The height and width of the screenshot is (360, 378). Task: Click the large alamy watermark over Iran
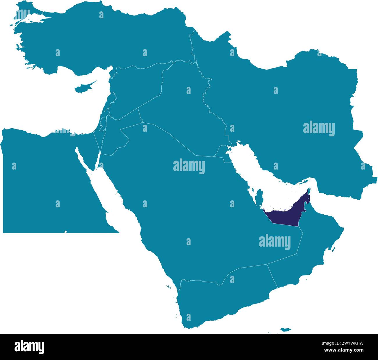pyautogui.click(x=319, y=129)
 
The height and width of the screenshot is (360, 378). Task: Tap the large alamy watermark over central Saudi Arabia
pyautogui.click(x=189, y=167)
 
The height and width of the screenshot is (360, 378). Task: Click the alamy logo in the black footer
pyautogui.click(x=29, y=347)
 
